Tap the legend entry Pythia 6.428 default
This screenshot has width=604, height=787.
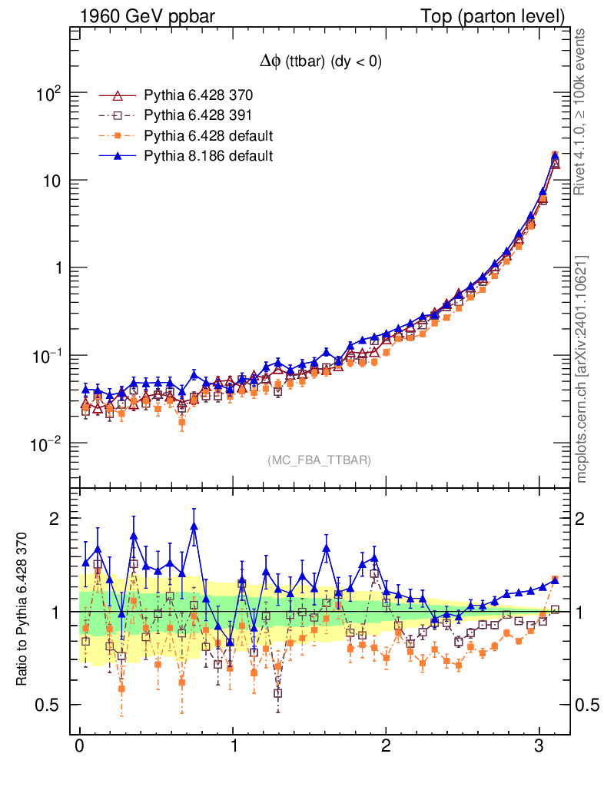click(x=208, y=136)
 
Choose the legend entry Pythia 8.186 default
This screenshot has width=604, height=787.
click(x=208, y=156)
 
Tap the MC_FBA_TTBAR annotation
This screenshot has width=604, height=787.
click(x=320, y=460)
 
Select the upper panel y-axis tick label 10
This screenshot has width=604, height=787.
click(x=50, y=181)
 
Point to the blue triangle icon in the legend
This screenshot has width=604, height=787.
click(x=118, y=156)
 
